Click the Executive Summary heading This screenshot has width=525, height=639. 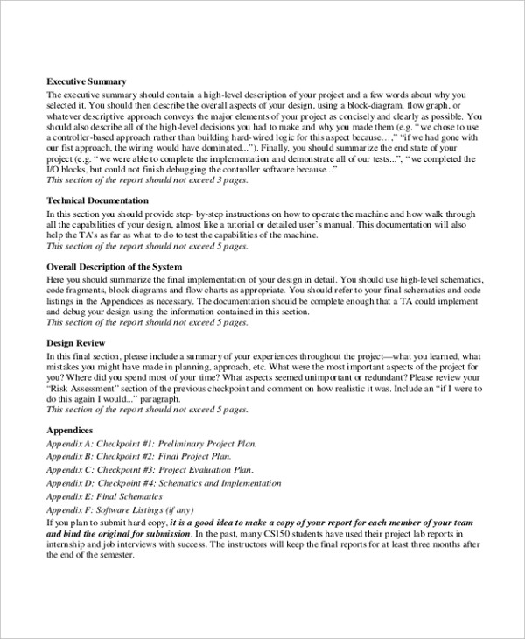point(87,81)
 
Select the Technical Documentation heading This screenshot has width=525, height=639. point(99,200)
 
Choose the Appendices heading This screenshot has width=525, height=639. point(69,431)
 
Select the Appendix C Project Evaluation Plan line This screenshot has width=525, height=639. point(144,469)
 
